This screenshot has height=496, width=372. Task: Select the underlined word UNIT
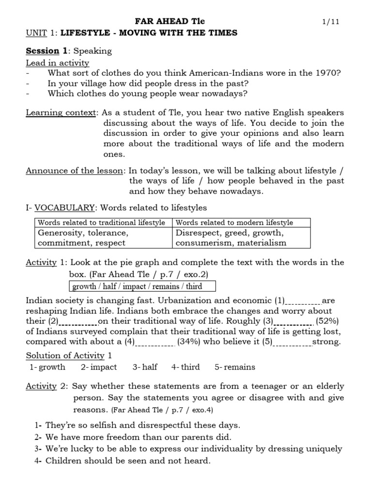click(x=36, y=33)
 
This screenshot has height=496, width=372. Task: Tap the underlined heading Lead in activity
click(x=57, y=62)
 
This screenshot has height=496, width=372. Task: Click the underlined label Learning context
click(x=61, y=113)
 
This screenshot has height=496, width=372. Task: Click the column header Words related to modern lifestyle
click(x=234, y=222)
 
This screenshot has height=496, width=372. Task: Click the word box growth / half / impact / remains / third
click(x=143, y=286)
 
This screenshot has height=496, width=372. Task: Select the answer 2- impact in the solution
click(x=99, y=367)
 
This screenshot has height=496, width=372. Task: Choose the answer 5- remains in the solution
click(x=235, y=367)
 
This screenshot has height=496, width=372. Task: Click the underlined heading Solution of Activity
click(x=65, y=356)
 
